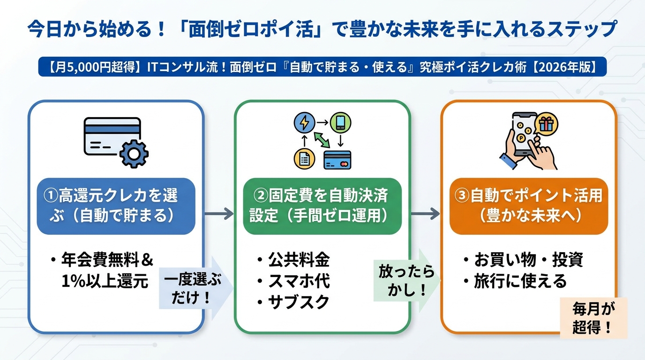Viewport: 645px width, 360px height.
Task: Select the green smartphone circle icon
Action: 340,123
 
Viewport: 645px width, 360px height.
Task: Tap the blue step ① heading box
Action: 116,206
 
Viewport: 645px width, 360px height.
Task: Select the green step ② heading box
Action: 322,206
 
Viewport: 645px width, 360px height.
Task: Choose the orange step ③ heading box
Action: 528,206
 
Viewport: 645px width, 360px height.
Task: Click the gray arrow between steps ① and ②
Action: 219,214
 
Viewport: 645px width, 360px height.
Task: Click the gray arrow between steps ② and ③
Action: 425,214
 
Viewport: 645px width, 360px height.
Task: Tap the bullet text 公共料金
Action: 299,260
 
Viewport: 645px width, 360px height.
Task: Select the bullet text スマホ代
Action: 299,281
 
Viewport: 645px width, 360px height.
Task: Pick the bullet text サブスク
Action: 299,302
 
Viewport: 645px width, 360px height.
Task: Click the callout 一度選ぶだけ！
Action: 193,288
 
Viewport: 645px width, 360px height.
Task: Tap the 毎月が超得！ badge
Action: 593,317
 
